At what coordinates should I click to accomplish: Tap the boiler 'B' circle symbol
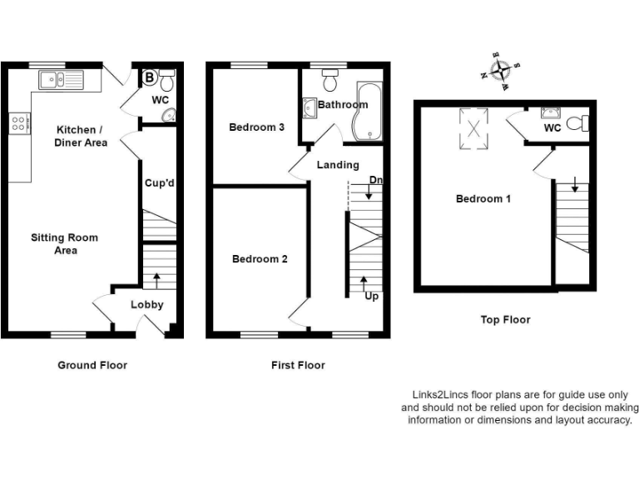(x=150, y=77)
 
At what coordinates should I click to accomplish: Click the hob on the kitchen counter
(x=17, y=123)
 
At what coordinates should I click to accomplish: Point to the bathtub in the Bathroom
(x=366, y=111)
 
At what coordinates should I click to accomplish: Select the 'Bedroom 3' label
(x=257, y=127)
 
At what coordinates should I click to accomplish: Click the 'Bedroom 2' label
(x=260, y=259)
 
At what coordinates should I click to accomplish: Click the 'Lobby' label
(x=147, y=305)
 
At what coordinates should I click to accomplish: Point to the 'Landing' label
(x=338, y=165)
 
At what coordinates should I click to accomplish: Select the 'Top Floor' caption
(x=505, y=319)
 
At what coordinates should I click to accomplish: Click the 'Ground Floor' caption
(x=92, y=365)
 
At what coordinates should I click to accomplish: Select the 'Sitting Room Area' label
(x=64, y=244)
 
